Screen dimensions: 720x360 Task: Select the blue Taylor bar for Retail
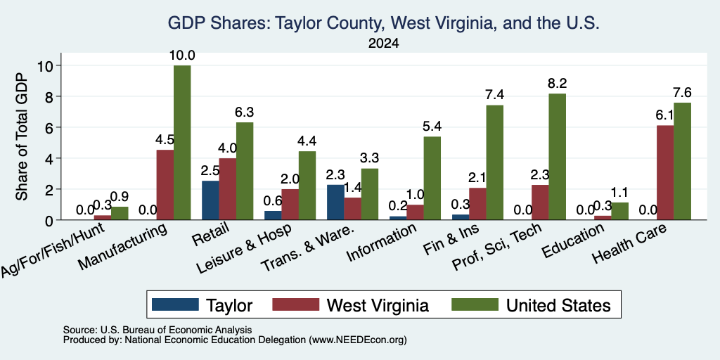[x=210, y=200]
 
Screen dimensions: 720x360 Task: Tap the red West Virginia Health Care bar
[x=665, y=173]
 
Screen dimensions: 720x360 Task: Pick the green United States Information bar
[x=432, y=178]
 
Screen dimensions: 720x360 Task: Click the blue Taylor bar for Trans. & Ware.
[x=335, y=202]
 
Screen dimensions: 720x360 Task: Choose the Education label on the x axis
[x=572, y=241]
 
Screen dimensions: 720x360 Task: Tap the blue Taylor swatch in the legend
[x=175, y=304]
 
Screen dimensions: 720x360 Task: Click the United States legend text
[x=558, y=305]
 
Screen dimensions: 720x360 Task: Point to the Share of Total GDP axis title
[x=22, y=136]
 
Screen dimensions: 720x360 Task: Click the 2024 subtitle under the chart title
[x=383, y=44]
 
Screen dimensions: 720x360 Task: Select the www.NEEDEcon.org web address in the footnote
[x=358, y=340]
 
